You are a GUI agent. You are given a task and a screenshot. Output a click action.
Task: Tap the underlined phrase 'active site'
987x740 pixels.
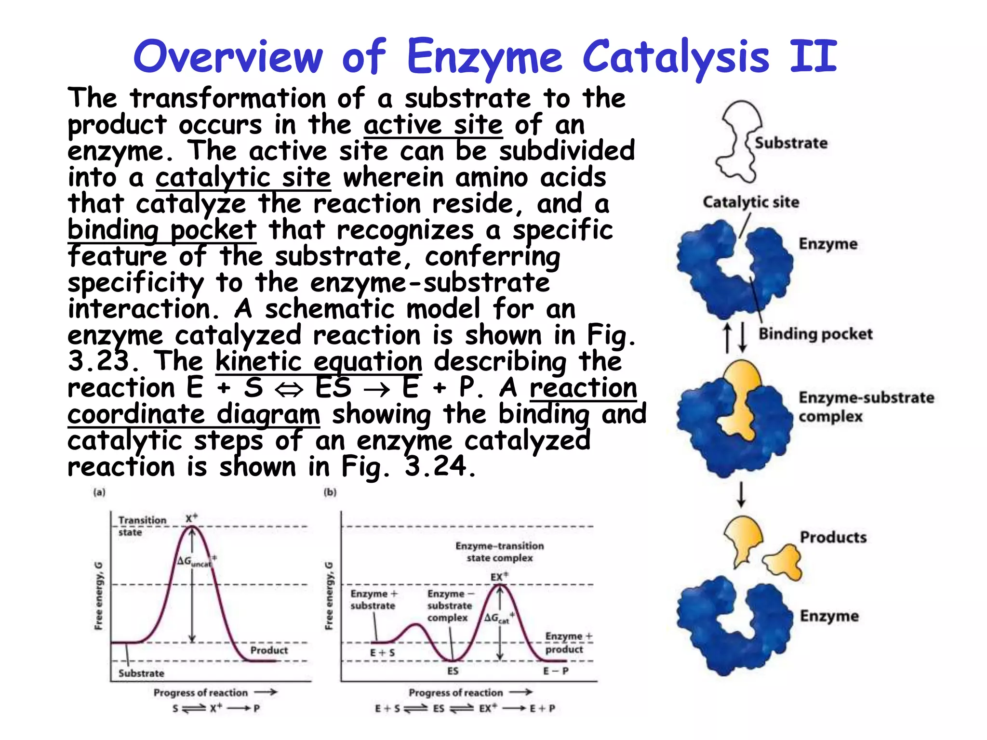(x=433, y=125)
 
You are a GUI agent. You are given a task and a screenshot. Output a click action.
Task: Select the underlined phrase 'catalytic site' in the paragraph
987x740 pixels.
(x=243, y=177)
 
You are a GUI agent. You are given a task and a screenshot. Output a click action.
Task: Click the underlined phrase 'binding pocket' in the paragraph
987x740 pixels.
(x=161, y=230)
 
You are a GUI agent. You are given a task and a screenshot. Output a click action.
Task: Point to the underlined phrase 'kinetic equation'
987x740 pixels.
(x=319, y=361)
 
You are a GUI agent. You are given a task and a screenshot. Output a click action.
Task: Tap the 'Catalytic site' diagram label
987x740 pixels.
(x=750, y=202)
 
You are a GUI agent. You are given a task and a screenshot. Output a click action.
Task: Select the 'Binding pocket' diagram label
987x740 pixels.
(x=815, y=334)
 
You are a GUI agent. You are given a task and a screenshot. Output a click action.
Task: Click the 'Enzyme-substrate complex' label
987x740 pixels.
(x=866, y=407)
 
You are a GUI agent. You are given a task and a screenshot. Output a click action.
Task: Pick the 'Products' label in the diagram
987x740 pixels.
(x=833, y=537)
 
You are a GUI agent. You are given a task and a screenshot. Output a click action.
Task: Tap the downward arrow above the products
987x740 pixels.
(x=741, y=494)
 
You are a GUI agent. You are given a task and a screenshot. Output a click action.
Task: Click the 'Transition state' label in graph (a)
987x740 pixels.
(x=142, y=526)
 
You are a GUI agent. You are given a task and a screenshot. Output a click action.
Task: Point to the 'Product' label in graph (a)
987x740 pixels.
(x=269, y=650)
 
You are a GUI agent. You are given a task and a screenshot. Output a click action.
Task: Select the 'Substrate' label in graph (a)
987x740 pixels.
(x=141, y=673)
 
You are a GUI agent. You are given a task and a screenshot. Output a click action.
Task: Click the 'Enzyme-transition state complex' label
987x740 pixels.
(x=499, y=552)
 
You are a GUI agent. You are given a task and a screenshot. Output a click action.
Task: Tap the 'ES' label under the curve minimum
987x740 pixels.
(x=453, y=671)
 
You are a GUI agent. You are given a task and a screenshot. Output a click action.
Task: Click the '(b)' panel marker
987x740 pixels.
(x=330, y=492)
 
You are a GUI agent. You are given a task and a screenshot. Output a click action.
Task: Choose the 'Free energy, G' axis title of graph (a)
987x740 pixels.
(x=98, y=595)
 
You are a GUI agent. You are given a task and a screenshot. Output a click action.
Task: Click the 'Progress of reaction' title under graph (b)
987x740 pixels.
(x=455, y=693)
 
